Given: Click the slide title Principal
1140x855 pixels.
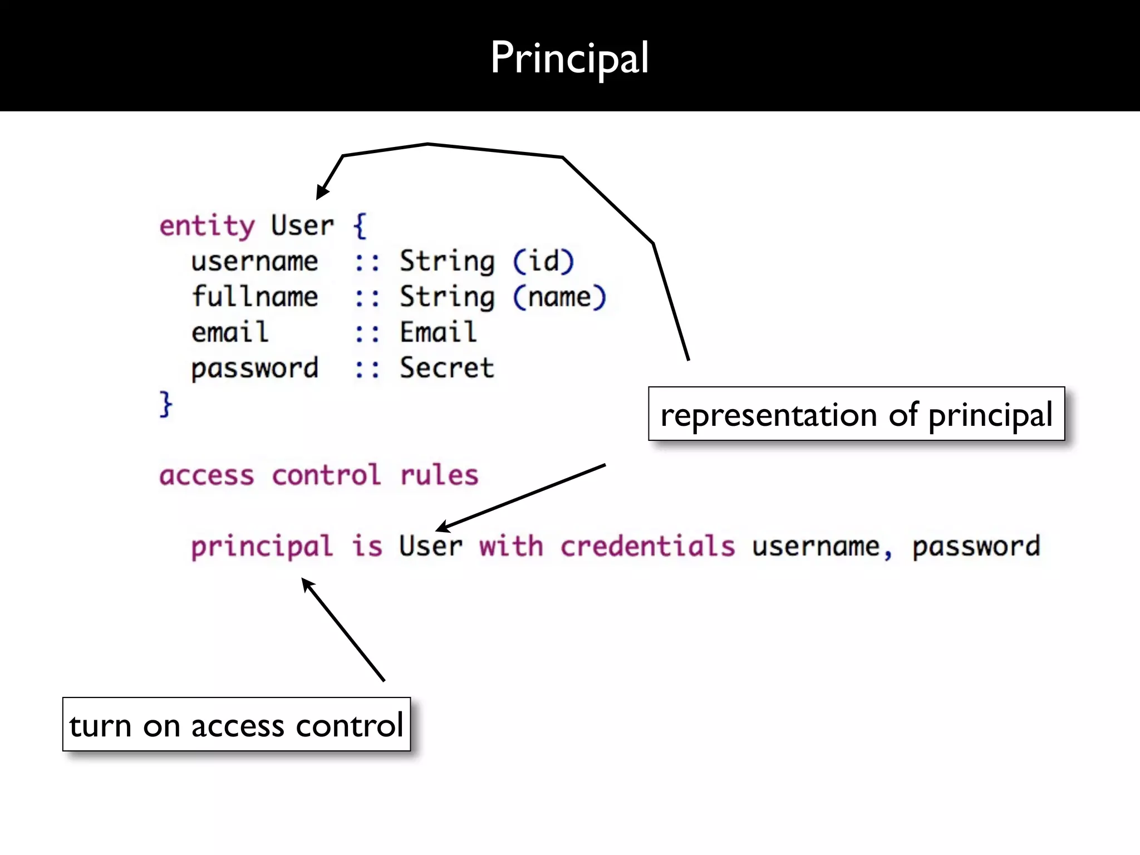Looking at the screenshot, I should [x=569, y=58].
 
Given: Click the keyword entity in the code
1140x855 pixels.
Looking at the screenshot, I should [x=207, y=227].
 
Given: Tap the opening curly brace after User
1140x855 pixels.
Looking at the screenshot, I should [x=360, y=226].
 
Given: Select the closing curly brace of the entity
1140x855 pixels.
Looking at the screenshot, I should [x=166, y=404].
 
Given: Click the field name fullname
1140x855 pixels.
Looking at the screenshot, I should [x=255, y=297].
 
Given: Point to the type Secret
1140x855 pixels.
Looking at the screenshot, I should [x=447, y=368].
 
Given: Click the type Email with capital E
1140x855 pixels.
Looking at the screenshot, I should [x=438, y=332].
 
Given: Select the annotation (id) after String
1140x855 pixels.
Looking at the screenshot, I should [x=543, y=261].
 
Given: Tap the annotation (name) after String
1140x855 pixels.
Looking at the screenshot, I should [x=559, y=297].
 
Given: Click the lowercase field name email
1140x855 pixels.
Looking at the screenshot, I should [x=230, y=332].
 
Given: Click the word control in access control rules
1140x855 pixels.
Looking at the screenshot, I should [x=326, y=475].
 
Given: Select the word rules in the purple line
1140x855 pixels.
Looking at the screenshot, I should [x=439, y=475].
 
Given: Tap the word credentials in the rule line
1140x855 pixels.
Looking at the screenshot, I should [x=647, y=546].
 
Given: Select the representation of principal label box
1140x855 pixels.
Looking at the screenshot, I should [x=856, y=414].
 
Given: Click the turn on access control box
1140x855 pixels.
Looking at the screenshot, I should [x=236, y=725].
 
